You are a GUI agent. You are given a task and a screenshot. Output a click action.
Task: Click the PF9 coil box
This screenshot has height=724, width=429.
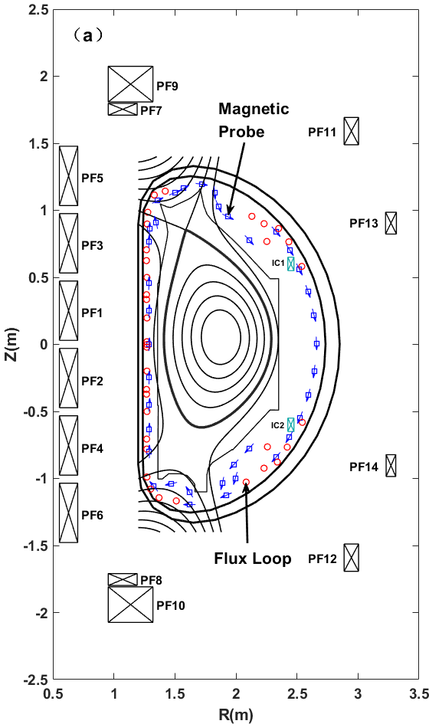coord(130,84)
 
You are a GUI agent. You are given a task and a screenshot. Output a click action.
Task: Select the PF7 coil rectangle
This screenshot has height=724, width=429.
coord(123,110)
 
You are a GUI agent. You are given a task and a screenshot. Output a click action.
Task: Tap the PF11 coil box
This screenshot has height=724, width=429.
coord(351,131)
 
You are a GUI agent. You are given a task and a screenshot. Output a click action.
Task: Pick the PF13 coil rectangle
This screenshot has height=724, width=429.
coord(391,223)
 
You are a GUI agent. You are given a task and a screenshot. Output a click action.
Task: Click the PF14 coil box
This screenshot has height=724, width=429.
coord(391,466)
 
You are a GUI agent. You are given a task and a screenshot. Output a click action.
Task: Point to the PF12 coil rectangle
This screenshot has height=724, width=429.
coord(351,558)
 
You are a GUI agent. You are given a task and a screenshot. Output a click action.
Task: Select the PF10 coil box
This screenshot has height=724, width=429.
coord(130,604)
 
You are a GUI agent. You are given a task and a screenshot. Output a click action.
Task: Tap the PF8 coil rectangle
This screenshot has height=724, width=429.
coord(123,579)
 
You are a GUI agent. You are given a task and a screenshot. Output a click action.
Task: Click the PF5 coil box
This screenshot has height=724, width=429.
coord(68,176)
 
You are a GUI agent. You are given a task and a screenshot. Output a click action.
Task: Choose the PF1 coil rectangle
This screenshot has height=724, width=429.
coord(68,311)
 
